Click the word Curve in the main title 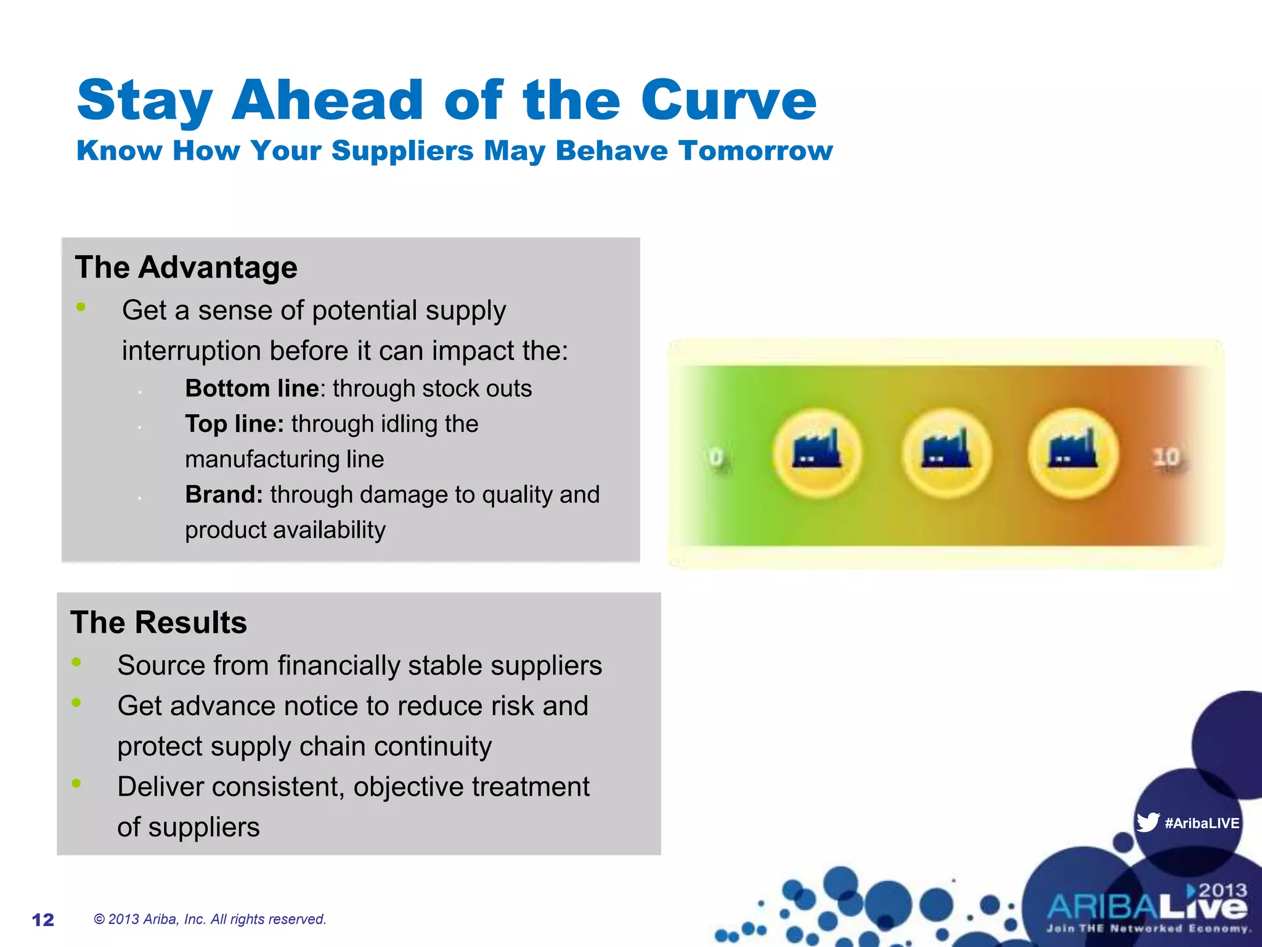point(728,100)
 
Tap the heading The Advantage point(185,268)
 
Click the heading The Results point(158,623)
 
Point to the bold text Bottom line point(252,389)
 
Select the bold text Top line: point(234,424)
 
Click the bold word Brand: point(224,495)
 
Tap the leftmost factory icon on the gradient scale point(816,453)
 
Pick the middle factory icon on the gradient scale point(946,453)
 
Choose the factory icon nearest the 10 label point(1073,453)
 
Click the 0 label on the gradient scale point(716,458)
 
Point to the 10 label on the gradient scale point(1166,458)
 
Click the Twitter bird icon point(1147,822)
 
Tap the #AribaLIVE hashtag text point(1202,824)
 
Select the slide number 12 point(43,920)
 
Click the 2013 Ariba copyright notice point(210,919)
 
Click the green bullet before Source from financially point(76,662)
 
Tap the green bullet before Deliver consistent point(76,784)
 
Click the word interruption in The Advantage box point(191,351)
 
